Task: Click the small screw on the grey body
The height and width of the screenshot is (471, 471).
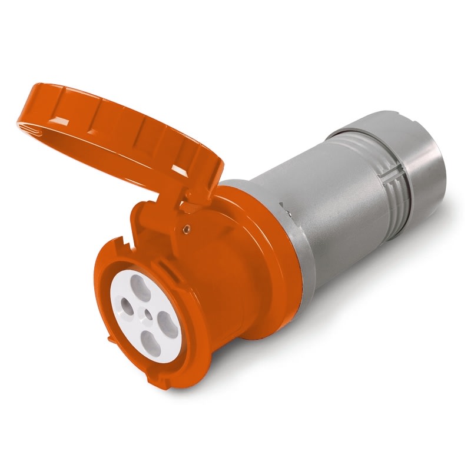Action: coord(286,207)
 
